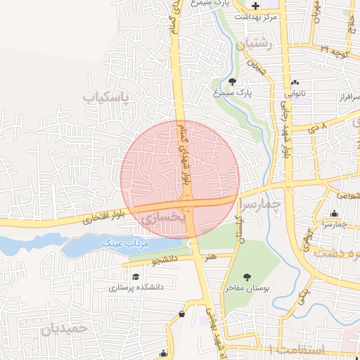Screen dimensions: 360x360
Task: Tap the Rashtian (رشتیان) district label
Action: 255,44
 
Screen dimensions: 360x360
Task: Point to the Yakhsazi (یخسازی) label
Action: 162,219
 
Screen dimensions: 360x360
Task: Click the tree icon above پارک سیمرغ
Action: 233,81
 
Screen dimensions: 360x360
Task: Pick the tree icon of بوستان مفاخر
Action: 247,276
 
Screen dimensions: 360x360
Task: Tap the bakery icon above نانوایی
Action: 295,82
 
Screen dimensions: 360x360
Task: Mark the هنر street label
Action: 210,257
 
